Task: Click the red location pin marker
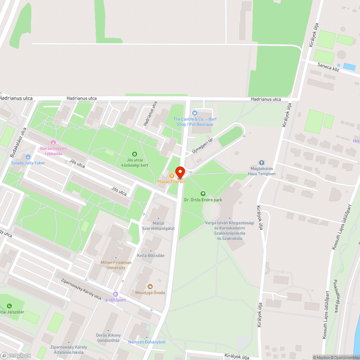[180, 172]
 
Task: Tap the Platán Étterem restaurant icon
[172, 176]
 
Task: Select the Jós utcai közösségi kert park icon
[135, 154]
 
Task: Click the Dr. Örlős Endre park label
[203, 200]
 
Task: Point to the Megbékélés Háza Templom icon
[262, 163]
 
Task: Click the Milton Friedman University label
[116, 265]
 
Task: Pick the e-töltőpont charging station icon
[115, 294]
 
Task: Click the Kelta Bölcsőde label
[150, 256]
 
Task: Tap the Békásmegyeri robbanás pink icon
[53, 143]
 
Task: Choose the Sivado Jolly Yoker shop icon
[28, 157]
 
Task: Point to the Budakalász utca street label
[18, 143]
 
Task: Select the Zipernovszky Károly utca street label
[81, 289]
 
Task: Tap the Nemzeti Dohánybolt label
[147, 342]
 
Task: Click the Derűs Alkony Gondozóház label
[108, 338]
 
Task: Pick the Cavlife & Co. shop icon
[195, 113]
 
